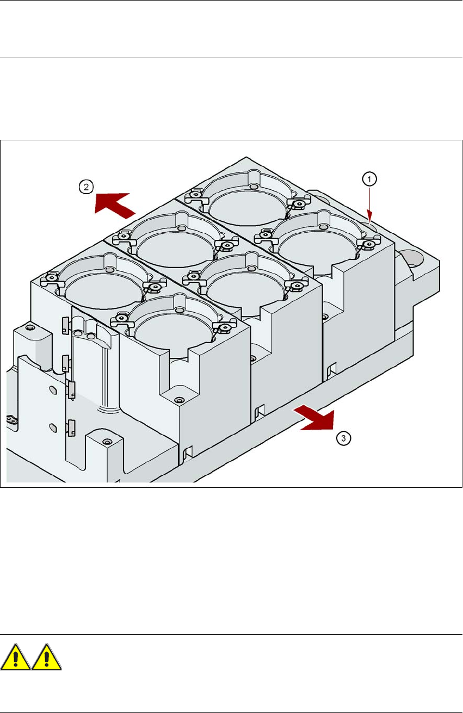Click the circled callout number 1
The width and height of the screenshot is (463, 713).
[x=369, y=179]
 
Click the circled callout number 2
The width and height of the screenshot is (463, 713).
[x=86, y=187]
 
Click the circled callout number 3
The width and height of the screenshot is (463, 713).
[x=343, y=438]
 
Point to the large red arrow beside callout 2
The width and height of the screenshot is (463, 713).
[x=115, y=205]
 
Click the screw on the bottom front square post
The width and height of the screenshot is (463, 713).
[x=108, y=442]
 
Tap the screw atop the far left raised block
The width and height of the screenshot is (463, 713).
[x=29, y=327]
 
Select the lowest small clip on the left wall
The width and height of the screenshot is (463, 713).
[x=71, y=427]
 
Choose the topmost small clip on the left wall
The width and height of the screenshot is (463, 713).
[x=65, y=325]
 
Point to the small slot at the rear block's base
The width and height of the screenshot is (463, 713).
[x=331, y=369]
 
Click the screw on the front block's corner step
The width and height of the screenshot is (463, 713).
[x=180, y=400]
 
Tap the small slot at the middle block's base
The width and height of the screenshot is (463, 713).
[x=260, y=411]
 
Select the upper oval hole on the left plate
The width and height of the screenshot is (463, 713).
[x=53, y=390]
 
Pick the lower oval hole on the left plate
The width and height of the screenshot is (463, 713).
[x=53, y=427]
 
